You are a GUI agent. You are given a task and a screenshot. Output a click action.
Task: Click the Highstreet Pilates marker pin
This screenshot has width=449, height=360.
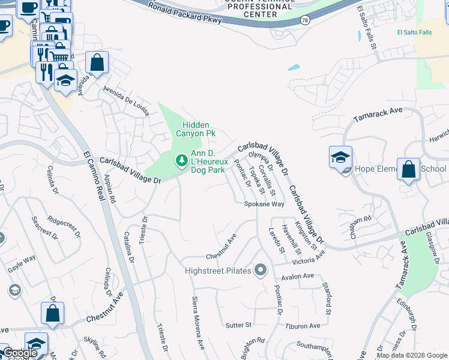[x=260, y=271]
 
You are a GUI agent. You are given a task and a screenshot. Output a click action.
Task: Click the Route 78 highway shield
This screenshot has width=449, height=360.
[x=306, y=20]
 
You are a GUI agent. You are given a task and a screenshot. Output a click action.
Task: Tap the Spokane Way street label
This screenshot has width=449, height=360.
[x=264, y=204]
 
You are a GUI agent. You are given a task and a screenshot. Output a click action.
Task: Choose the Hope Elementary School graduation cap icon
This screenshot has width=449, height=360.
[x=340, y=157]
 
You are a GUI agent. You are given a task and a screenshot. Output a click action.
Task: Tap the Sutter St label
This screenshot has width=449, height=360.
[x=238, y=325]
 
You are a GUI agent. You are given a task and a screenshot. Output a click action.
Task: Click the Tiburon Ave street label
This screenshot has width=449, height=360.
[x=303, y=326]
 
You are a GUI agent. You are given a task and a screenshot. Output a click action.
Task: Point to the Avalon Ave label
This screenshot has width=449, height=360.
[x=297, y=276]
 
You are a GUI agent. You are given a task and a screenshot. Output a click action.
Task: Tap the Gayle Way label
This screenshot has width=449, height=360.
[x=22, y=264]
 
